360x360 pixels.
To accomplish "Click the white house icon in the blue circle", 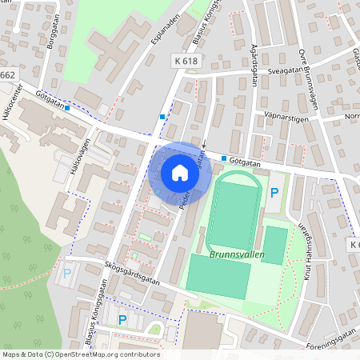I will (180, 172).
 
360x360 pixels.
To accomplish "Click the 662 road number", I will (7, 75).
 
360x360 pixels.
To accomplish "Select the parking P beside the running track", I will (274, 192).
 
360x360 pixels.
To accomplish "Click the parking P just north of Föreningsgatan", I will (122, 320).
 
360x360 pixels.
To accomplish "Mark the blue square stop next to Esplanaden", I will (162, 117).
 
